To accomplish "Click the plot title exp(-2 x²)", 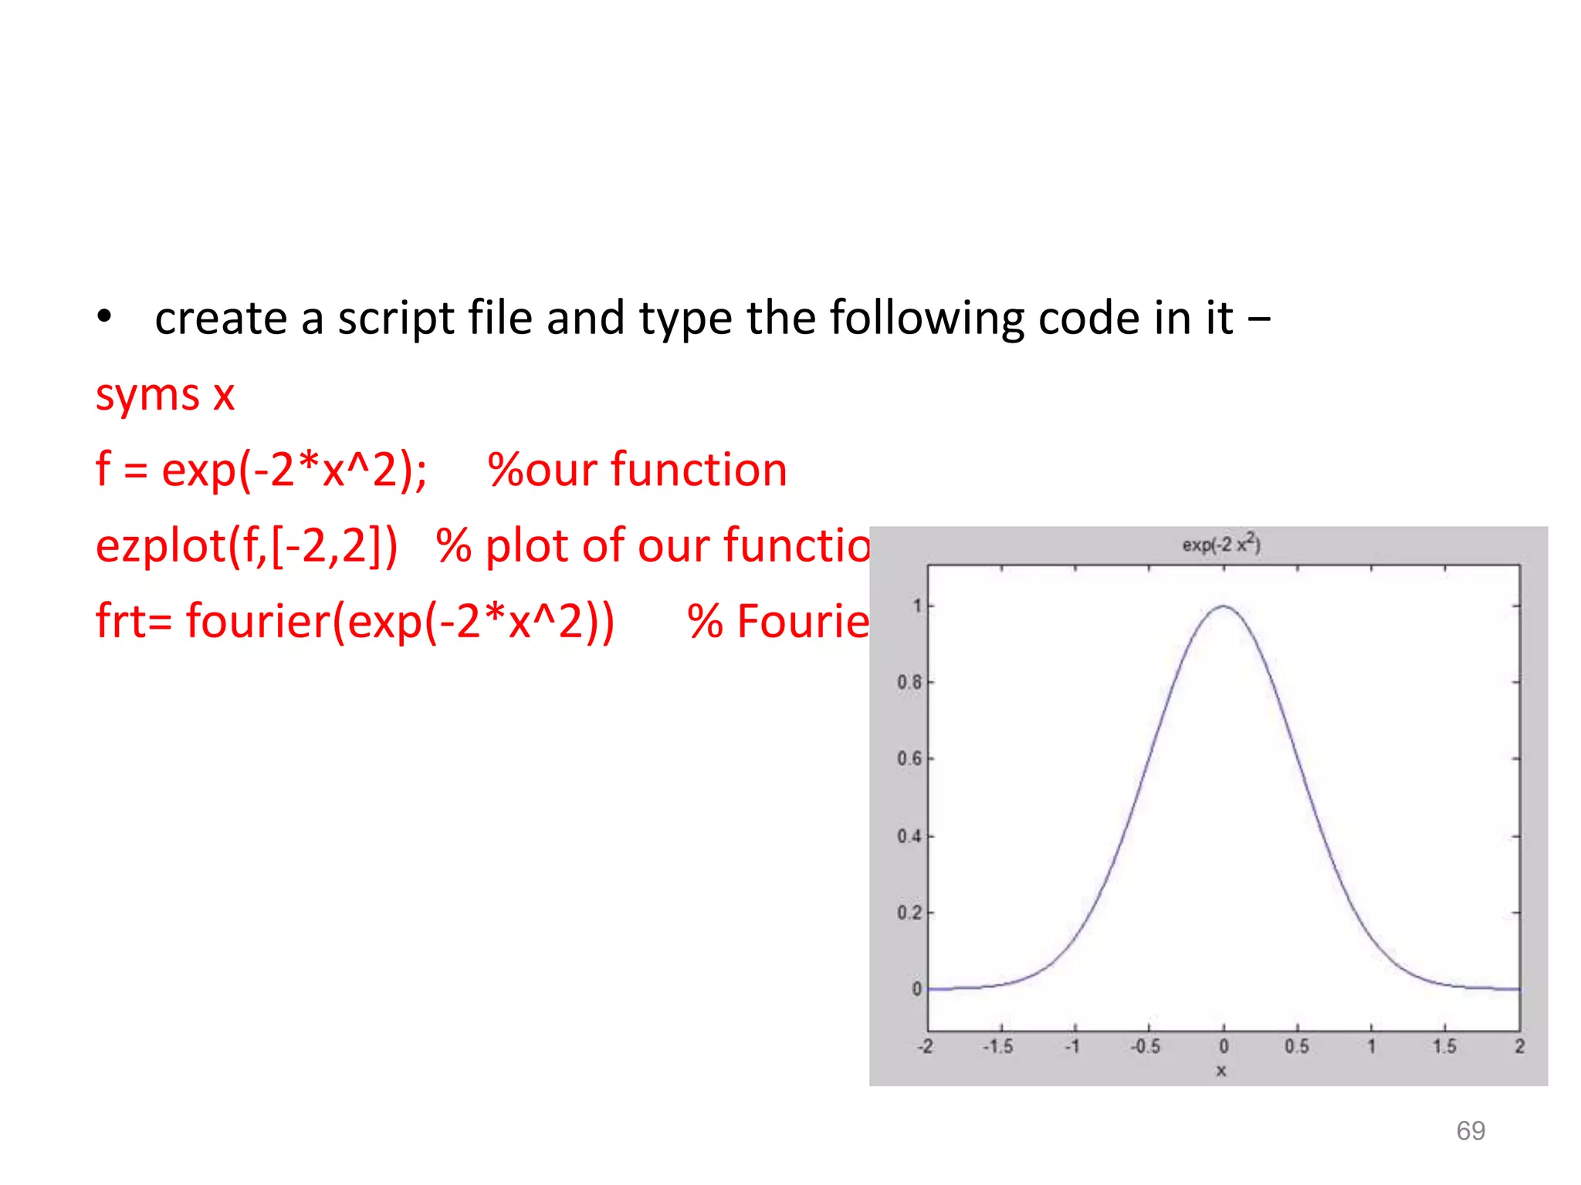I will (x=1221, y=545).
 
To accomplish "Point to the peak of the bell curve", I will (x=1224, y=606).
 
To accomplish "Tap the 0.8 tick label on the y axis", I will (x=909, y=682).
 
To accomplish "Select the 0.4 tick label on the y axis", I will (x=909, y=836).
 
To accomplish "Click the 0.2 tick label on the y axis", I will (x=909, y=913).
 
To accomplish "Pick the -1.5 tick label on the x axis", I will (x=997, y=1047).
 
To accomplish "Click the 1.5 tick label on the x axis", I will (x=1444, y=1047).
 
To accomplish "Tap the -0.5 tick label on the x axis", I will (x=1146, y=1047).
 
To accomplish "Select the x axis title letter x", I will (x=1221, y=1071).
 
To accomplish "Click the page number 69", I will (x=1471, y=1131).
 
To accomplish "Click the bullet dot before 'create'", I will (x=105, y=317).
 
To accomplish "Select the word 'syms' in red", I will (x=147, y=396).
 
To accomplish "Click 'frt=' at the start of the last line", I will (x=134, y=621).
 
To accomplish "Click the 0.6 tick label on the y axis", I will (x=909, y=759).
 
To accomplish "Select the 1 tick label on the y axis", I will (x=917, y=606).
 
